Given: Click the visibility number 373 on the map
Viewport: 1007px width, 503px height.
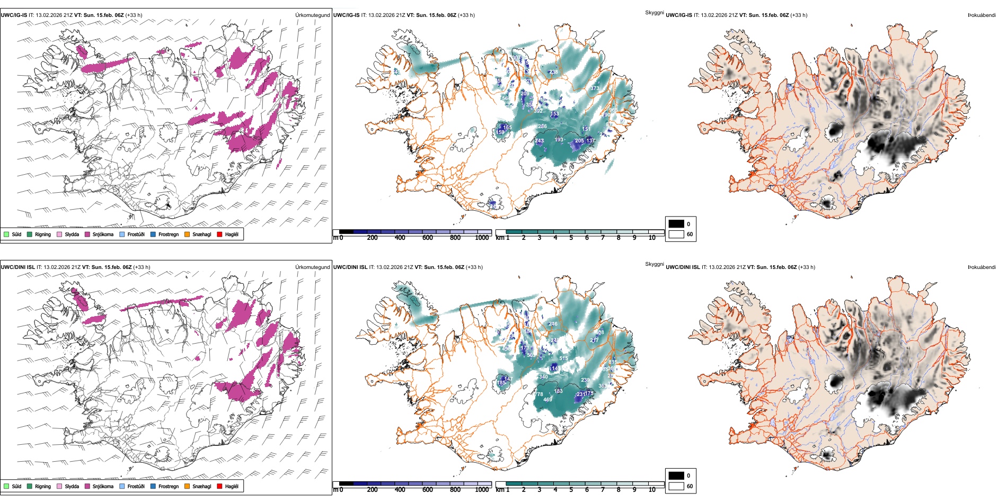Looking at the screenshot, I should pos(595,88).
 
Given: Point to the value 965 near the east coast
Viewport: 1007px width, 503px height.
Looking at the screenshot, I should pos(613,110).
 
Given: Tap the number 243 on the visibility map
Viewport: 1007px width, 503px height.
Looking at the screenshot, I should pos(539,141).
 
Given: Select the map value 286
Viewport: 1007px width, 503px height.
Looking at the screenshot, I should pos(542,127).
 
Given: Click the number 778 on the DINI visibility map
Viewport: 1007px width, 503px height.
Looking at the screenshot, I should pos(538,394).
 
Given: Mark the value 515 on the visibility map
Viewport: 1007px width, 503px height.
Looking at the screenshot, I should pos(563,358).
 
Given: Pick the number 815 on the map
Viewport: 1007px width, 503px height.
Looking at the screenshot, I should pos(613,362).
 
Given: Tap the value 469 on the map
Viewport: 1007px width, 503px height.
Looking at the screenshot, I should pos(547,400).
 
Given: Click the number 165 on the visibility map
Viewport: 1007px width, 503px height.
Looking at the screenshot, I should pos(507,128).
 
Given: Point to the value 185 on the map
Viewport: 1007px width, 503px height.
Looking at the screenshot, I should pos(501,383).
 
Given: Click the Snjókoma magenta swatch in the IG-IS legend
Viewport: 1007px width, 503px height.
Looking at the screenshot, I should pos(87,234).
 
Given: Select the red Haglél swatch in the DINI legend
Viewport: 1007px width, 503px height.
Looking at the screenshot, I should pos(219,486).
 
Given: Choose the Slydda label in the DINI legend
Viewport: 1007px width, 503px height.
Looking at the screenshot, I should pos(72,486).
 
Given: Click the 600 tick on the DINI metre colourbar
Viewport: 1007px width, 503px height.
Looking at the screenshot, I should pos(427,490).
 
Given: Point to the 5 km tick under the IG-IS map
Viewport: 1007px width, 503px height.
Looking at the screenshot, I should pos(571,238).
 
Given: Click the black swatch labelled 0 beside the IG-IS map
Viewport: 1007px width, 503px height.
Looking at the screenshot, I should pos(676,224).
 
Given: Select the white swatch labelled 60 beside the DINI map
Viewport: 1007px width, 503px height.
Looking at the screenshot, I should pos(676,486).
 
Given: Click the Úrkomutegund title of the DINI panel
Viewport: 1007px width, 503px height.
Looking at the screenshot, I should pos(312,267).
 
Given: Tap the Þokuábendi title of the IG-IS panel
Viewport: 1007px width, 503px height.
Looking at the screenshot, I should pos(982,15).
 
